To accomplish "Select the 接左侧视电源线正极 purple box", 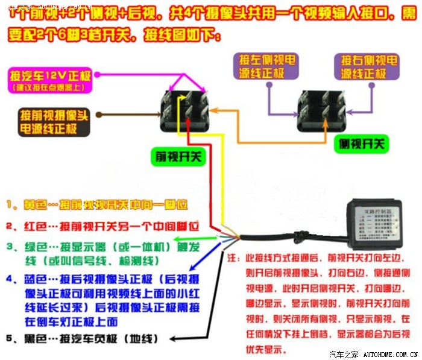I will [x=265, y=67].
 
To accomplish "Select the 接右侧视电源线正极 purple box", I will [x=368, y=67].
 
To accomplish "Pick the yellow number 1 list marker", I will [x=10, y=205].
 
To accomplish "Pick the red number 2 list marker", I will [x=10, y=227].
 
